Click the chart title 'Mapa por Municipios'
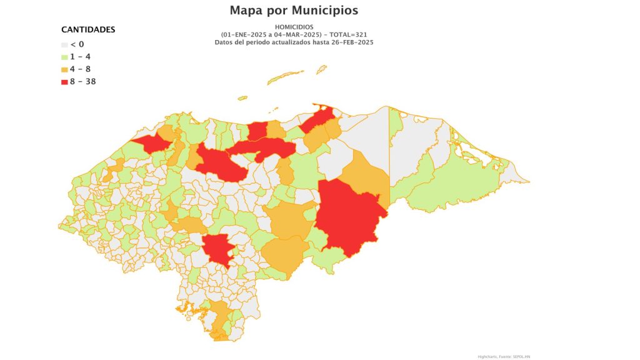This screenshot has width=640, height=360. [x=294, y=11]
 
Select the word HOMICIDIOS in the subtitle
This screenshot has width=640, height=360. [x=293, y=27]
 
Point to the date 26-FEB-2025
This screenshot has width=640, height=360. [x=353, y=42]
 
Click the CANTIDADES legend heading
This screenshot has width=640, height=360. [x=88, y=30]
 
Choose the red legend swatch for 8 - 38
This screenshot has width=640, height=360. [x=64, y=81]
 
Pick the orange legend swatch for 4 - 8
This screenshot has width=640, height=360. [x=64, y=69]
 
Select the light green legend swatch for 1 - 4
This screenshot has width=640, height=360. [x=64, y=57]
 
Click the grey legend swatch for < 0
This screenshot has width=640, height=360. [x=64, y=45]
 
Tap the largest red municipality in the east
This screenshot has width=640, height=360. [x=347, y=216]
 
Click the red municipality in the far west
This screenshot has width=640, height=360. [x=150, y=143]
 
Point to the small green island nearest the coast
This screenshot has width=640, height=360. [x=242, y=98]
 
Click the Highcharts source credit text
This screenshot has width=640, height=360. [x=504, y=356]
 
